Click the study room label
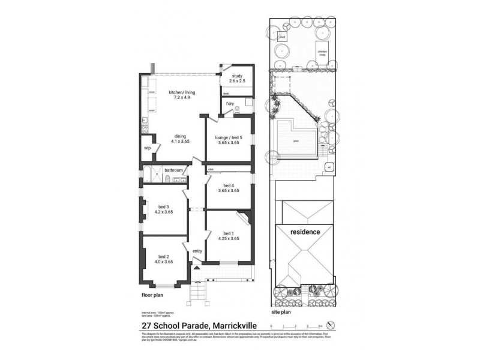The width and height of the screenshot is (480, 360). pyautogui.click(x=237, y=78)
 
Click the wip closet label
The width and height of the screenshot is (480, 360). pyautogui.click(x=147, y=148)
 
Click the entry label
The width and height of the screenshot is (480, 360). pyautogui.click(x=197, y=251)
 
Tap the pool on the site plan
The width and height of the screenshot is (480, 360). pyautogui.click(x=296, y=142)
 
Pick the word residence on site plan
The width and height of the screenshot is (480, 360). pyautogui.click(x=305, y=232)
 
